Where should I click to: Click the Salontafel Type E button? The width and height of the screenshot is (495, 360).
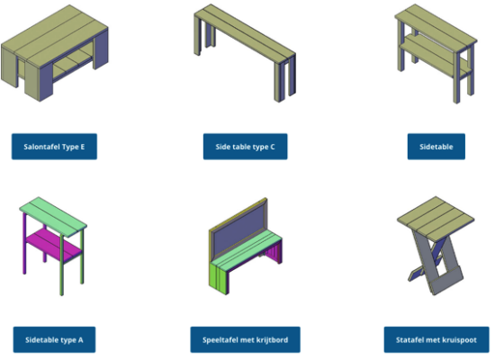pyautogui.click(x=54, y=147)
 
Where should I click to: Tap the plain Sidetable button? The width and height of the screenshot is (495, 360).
pyautogui.click(x=436, y=147)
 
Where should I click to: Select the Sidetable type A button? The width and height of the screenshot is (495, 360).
pyautogui.click(x=54, y=340)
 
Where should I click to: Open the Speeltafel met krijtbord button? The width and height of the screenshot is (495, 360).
pyautogui.click(x=246, y=340)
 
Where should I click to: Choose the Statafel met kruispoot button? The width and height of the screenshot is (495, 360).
pyautogui.click(x=436, y=340)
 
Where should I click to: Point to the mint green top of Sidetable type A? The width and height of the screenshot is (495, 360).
pyautogui.click(x=53, y=217)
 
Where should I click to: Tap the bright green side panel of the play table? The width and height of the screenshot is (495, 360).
pyautogui.click(x=219, y=278)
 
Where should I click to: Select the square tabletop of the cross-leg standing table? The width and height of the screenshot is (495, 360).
pyautogui.click(x=436, y=218)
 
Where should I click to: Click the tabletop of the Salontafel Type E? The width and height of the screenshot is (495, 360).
pyautogui.click(x=55, y=35)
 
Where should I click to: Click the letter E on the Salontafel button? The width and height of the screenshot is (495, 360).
pyautogui.click(x=83, y=147)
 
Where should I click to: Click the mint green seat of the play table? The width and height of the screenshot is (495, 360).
pyautogui.click(x=246, y=250)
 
